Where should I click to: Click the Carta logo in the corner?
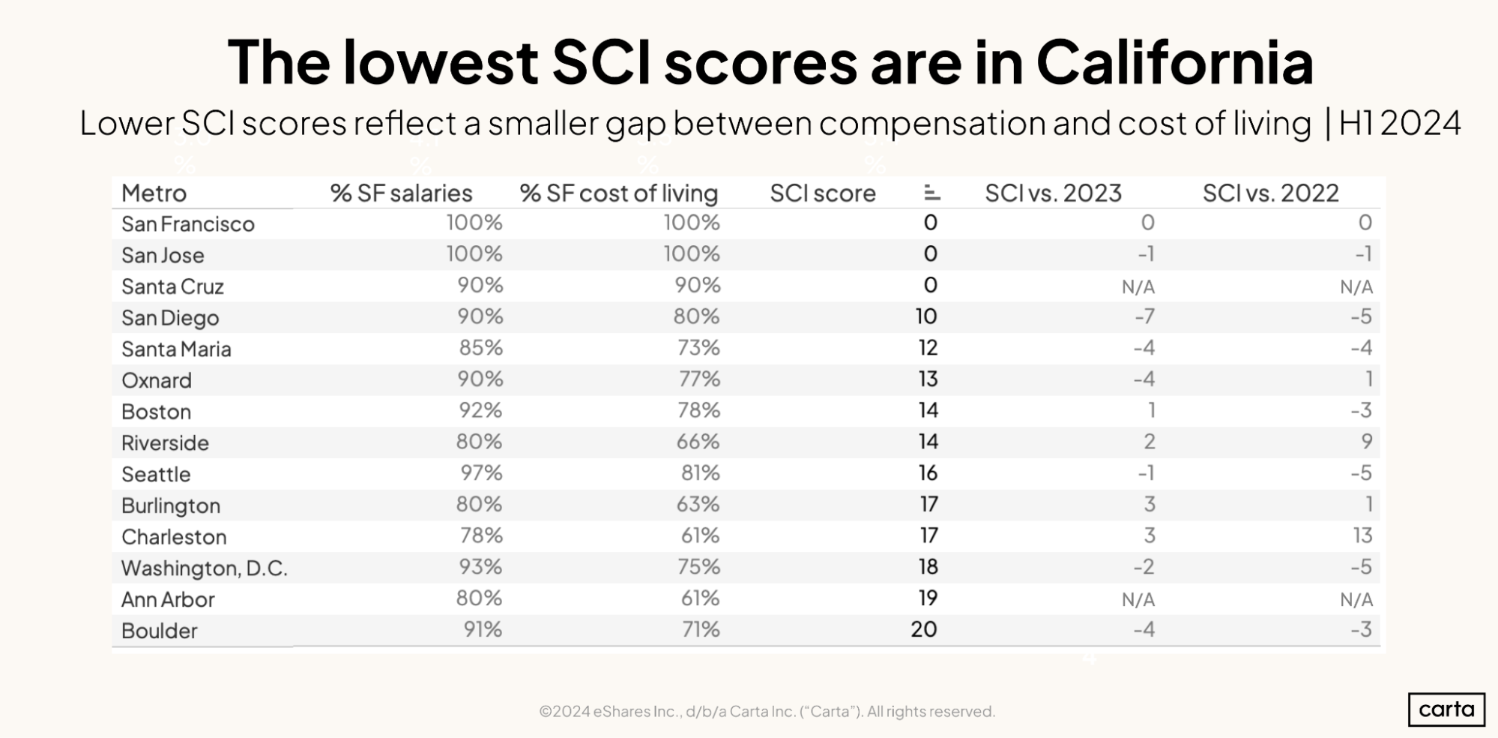point(1446,709)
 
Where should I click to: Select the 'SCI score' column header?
point(822,193)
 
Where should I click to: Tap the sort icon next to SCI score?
point(931,193)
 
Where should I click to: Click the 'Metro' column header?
point(154,193)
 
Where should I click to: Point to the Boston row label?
point(156,412)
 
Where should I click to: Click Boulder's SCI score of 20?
point(923,629)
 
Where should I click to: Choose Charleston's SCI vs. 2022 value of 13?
point(1362,535)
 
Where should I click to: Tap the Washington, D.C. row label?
point(204,568)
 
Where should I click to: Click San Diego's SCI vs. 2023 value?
point(1144,316)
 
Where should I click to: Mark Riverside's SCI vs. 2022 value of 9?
point(1367,442)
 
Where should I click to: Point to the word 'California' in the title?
point(1174,62)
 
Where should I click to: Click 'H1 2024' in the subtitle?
point(1399,124)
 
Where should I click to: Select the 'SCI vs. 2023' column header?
point(1053,193)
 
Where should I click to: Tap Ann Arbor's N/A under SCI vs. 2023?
point(1138,599)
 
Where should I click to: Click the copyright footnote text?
point(767,711)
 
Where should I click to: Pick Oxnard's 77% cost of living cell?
point(698,379)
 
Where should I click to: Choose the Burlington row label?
point(170,505)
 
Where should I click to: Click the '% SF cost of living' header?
point(618,193)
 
